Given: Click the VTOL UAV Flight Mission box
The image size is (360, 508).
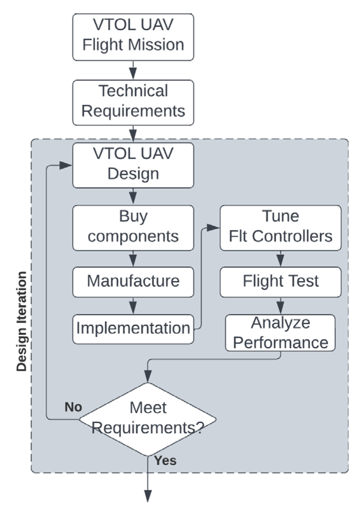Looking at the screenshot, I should pyautogui.click(x=133, y=37).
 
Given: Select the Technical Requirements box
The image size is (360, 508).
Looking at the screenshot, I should pyautogui.click(x=133, y=102).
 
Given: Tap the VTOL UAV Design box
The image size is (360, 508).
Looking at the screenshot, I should pyautogui.click(x=133, y=165).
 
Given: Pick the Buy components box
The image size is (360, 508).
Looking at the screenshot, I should pyautogui.click(x=133, y=228).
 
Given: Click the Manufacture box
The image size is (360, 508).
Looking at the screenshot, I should pyautogui.click(x=133, y=282).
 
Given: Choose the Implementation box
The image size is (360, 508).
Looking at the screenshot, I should pyautogui.click(x=133, y=329).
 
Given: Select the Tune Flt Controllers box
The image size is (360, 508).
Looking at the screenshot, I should pyautogui.click(x=280, y=228).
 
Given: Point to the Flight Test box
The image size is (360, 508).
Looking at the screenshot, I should pyautogui.click(x=280, y=282).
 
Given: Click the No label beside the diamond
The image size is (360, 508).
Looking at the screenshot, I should pyautogui.click(x=73, y=407).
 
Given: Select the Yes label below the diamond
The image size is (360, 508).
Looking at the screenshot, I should pyautogui.click(x=165, y=460).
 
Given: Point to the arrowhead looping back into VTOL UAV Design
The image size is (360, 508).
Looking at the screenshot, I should pyautogui.click(x=66, y=165).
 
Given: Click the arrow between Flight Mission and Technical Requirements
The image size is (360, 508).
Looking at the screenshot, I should pyautogui.click(x=133, y=70).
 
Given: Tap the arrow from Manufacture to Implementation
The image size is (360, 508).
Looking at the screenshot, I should pyautogui.click(x=133, y=306).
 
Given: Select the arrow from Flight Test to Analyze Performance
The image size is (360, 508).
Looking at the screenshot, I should pyautogui.click(x=280, y=306).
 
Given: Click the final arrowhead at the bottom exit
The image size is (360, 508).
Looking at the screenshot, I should pyautogui.click(x=148, y=496).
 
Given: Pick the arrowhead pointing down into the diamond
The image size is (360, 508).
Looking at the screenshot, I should pyautogui.click(x=148, y=376).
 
